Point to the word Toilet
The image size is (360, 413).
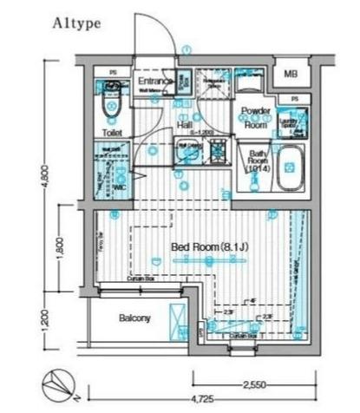point(112,133)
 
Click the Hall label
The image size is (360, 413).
point(184,125)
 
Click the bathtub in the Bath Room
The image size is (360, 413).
point(290,166)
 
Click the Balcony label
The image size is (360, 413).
point(134,318)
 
